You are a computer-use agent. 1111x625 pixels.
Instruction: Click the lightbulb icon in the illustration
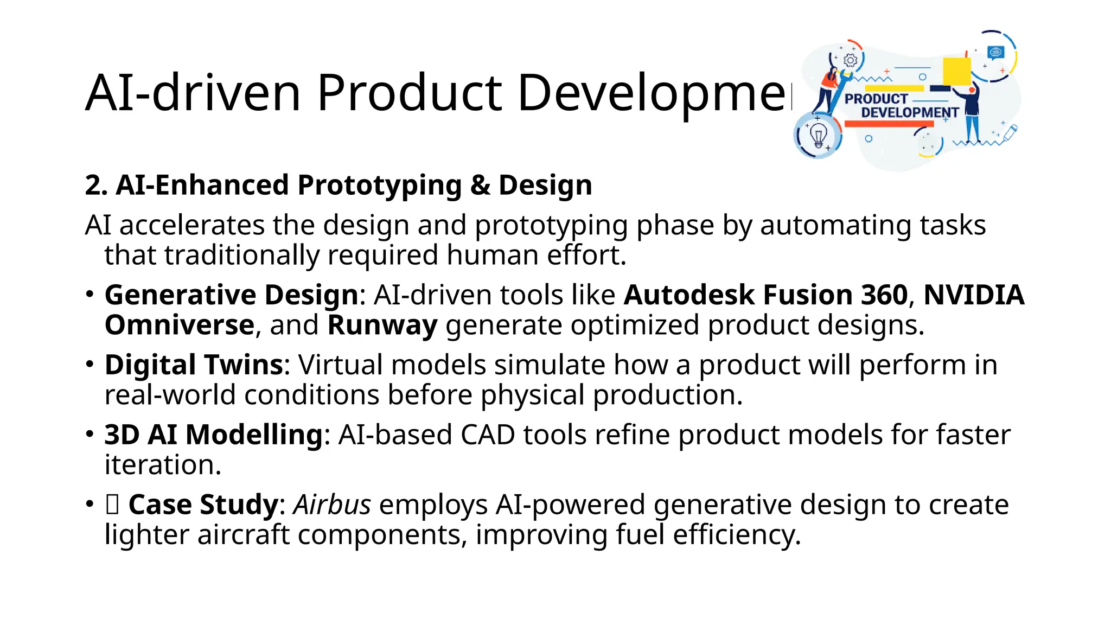coord(818,135)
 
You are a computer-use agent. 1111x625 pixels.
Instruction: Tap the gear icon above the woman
coord(851,60)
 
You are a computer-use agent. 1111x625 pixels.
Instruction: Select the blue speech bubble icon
coord(996,52)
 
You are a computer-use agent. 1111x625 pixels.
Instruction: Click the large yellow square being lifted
coord(956,72)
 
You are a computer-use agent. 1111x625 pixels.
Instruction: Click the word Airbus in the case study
coord(332,505)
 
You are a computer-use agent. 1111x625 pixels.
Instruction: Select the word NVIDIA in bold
coord(974,295)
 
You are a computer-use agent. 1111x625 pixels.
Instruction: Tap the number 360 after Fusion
coord(884,295)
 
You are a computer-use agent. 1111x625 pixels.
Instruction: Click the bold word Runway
coord(382,326)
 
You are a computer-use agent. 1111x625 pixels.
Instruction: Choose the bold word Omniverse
coord(179,326)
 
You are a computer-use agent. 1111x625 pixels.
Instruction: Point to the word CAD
coord(488,435)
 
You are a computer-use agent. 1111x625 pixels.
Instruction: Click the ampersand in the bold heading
coord(480,185)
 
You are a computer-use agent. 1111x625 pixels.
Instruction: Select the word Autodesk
coord(689,295)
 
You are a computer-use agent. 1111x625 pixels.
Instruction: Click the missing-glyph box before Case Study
coord(112,505)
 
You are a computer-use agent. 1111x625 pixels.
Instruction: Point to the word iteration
coord(163,465)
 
